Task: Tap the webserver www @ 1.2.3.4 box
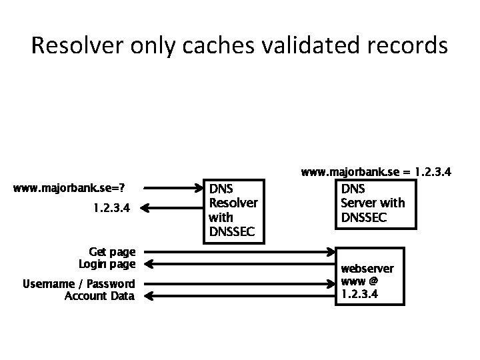click(369, 281)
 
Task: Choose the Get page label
click(112, 252)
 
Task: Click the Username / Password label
click(79, 284)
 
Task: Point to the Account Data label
click(99, 296)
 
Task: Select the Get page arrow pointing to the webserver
click(240, 252)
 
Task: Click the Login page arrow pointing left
click(240, 265)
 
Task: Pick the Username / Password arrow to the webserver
click(240, 284)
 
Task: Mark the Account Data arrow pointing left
click(240, 296)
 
